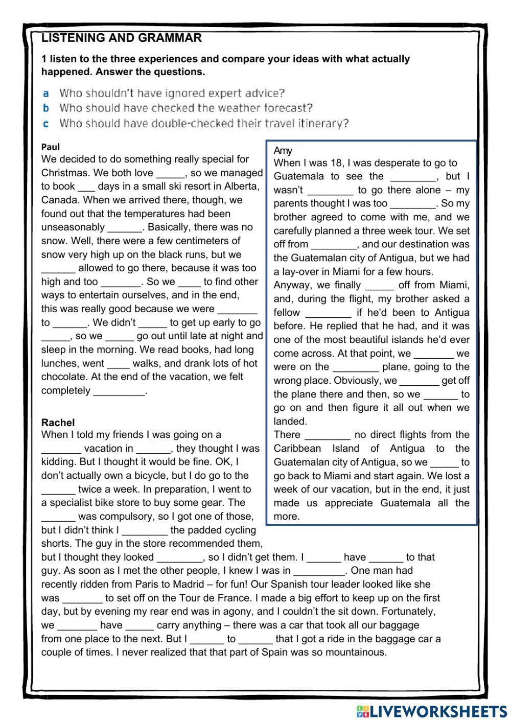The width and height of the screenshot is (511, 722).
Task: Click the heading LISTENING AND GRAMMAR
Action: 121,38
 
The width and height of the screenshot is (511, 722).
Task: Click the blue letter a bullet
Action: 45,94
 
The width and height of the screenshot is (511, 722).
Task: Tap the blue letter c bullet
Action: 45,124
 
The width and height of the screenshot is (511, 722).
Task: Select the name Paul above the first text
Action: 51,147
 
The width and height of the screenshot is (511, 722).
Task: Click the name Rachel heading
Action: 58,423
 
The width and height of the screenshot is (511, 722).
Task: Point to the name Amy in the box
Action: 283,150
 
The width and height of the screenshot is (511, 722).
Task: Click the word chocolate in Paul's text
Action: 62,377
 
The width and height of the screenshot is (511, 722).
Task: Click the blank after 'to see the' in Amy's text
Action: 413,177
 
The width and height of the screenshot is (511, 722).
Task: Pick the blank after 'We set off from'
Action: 333,245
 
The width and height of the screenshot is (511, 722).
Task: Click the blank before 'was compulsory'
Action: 58,517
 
